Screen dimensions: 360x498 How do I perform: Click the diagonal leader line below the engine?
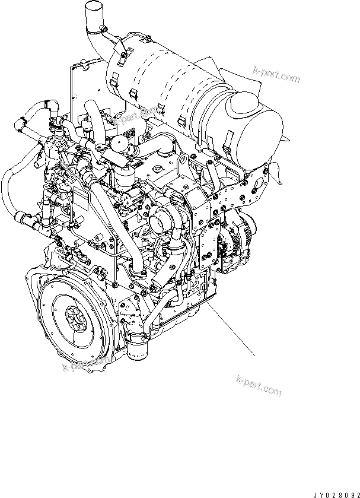pos(231,328)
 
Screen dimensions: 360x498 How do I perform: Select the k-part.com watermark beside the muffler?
pos(276,74)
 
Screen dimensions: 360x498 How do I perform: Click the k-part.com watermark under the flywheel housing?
pos(87,363)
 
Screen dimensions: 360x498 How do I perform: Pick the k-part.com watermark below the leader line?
pos(259,385)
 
